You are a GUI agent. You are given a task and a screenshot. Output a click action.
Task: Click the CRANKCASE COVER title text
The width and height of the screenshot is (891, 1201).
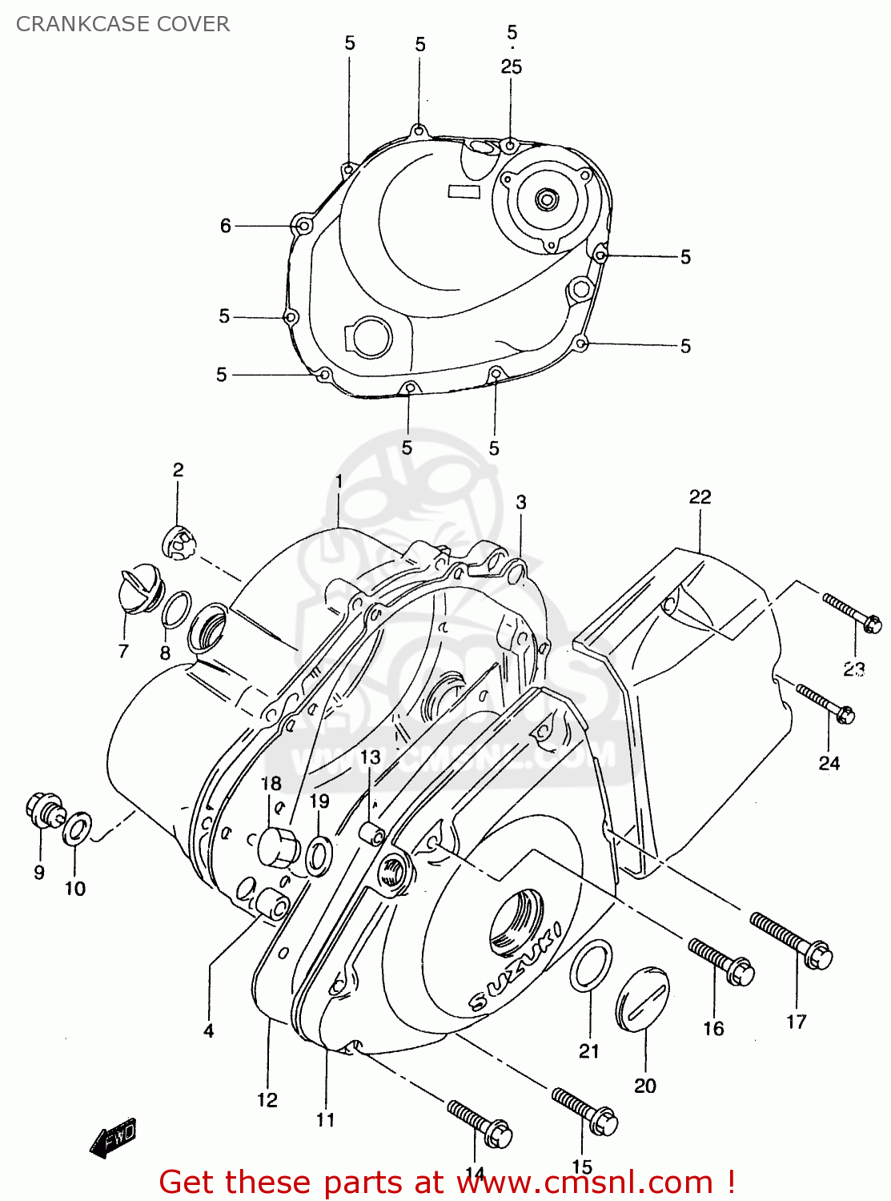pyautogui.click(x=122, y=24)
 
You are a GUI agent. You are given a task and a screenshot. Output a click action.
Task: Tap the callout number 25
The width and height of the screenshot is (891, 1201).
pyautogui.click(x=512, y=67)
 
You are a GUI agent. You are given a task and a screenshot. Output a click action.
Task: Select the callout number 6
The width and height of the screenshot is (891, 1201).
pyautogui.click(x=226, y=227)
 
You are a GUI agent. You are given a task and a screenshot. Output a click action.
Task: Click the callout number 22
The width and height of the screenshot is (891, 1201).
pyautogui.click(x=700, y=497)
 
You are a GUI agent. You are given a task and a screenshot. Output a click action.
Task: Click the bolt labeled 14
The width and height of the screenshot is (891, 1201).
pyautogui.click(x=480, y=1123)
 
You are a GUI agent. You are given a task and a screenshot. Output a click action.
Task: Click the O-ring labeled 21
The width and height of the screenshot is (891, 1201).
pyautogui.click(x=592, y=966)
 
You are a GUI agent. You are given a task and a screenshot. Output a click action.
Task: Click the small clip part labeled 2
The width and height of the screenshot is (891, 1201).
pyautogui.click(x=179, y=544)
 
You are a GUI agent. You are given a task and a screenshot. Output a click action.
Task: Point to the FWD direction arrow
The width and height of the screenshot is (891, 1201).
pyautogui.click(x=114, y=1137)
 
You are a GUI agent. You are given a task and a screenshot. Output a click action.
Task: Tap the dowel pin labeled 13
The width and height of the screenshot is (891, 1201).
pyautogui.click(x=371, y=832)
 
